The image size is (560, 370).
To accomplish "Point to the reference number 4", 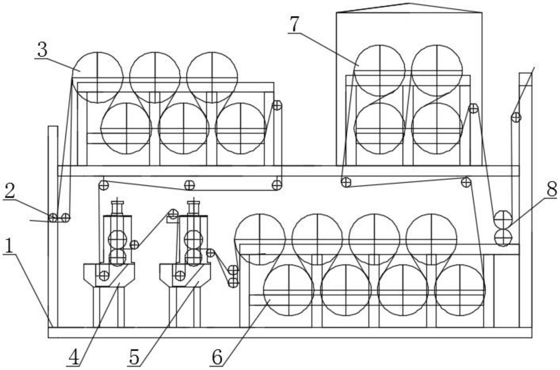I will (x=74, y=358).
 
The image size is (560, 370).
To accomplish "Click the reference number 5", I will (x=134, y=358).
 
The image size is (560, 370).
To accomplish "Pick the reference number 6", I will (x=217, y=358).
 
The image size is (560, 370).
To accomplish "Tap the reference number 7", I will (x=294, y=24).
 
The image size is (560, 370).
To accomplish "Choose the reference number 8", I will (x=551, y=189).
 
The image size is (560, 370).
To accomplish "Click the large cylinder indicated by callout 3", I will (x=98, y=78).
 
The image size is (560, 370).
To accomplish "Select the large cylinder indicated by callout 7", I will (x=379, y=71).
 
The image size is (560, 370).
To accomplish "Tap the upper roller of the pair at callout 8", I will (x=503, y=219).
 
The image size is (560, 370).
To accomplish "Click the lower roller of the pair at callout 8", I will (x=503, y=237).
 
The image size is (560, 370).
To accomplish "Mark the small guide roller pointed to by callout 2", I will (x=53, y=218).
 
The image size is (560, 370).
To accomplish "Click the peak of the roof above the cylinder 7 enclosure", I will (x=409, y=4).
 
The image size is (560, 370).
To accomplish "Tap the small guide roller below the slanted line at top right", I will (x=516, y=117).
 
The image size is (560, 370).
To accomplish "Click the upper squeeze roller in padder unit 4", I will (x=117, y=239).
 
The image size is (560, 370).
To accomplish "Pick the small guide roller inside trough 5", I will (x=180, y=276).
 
